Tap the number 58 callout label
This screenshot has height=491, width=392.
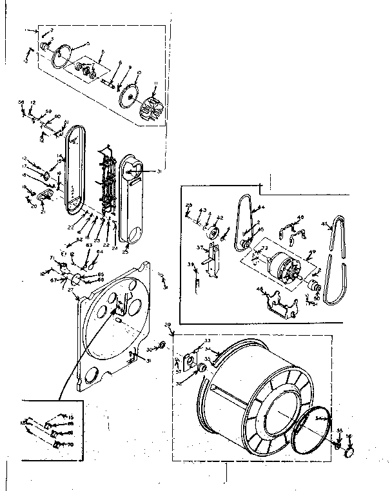(21, 102)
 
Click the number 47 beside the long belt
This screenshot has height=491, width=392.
(324, 224)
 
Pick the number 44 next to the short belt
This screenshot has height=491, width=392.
(261, 207)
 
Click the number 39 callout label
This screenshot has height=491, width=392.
(191, 264)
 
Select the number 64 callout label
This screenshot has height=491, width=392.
(99, 252)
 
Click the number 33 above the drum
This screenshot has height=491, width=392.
(208, 340)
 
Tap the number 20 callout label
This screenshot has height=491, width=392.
(34, 206)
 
